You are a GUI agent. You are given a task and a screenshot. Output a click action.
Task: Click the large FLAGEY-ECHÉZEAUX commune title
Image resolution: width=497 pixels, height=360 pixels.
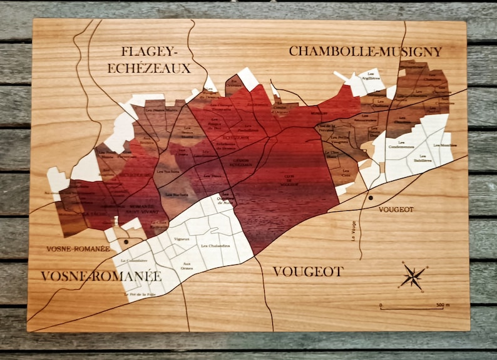click(x=149, y=59)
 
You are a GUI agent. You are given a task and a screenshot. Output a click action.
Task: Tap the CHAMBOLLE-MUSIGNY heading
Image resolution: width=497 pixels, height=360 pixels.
click(x=365, y=51)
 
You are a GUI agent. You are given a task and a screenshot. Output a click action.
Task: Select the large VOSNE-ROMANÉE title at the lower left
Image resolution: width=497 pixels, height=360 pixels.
click(x=101, y=275)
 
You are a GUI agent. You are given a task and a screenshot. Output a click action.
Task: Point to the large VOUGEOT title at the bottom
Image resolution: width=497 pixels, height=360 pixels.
click(x=308, y=271)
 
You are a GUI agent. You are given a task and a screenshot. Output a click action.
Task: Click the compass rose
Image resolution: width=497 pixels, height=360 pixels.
click(x=412, y=276)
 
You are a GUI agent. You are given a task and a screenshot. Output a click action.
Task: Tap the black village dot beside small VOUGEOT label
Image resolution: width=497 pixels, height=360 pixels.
click(x=371, y=198)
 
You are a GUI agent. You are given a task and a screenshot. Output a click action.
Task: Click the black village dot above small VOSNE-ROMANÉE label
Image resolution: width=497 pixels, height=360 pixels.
click(x=126, y=241)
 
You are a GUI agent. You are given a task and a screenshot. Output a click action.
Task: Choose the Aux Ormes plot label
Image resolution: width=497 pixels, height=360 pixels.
click(x=187, y=265)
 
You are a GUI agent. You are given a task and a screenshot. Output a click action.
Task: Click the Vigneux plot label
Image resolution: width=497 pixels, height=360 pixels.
click(x=182, y=239)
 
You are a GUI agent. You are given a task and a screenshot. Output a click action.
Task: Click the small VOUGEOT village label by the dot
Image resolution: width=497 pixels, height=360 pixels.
click(x=396, y=209)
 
